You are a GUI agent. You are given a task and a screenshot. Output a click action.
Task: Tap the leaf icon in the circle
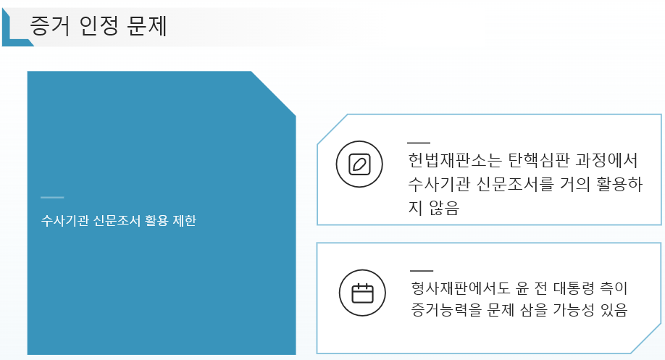(x=359, y=164)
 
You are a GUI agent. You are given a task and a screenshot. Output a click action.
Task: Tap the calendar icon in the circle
(x=362, y=293)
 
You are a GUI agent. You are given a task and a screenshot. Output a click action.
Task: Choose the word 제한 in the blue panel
(x=184, y=220)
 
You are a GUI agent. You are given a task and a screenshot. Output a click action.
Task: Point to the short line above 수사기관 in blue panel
(x=52, y=197)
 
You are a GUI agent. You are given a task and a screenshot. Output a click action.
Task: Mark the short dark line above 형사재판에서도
(x=422, y=270)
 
